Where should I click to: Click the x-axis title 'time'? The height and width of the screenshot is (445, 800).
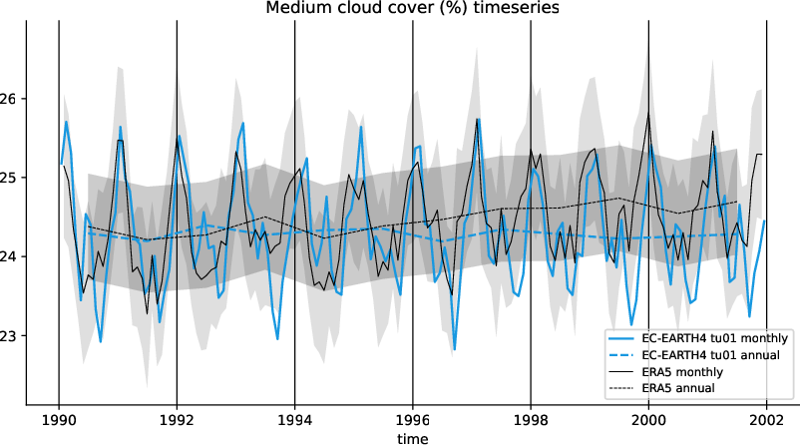[412, 438]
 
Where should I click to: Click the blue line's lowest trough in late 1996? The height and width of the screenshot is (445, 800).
[455, 349]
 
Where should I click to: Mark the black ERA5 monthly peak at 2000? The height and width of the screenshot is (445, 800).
[648, 113]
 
